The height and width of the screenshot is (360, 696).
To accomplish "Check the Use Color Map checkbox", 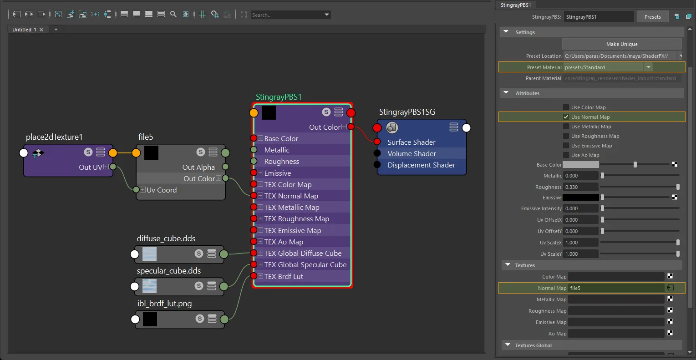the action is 566,107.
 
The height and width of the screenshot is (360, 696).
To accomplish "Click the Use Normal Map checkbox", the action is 566,117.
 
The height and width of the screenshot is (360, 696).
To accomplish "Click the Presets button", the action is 652,17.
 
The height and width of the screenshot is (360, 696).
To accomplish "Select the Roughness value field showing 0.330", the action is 580,187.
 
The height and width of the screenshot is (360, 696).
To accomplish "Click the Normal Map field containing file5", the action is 616,288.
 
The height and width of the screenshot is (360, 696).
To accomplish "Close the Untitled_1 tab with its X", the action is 41,30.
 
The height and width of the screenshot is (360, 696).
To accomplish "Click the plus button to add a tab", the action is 56,30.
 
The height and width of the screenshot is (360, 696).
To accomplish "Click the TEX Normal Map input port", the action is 254,196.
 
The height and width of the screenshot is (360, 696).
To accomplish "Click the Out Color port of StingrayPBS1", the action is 351,127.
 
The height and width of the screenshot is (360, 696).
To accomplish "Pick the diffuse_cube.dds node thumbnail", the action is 149,254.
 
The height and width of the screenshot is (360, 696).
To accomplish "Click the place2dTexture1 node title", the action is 54,137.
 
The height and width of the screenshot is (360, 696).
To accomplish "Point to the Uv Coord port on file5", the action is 136,190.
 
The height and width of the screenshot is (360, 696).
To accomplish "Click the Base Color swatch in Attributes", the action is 581,165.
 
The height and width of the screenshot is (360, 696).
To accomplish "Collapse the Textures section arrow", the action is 508,265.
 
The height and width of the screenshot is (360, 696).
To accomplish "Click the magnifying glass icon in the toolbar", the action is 173,14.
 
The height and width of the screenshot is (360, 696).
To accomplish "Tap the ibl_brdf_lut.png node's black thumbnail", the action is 150,319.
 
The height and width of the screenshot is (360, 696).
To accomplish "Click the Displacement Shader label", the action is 422,165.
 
